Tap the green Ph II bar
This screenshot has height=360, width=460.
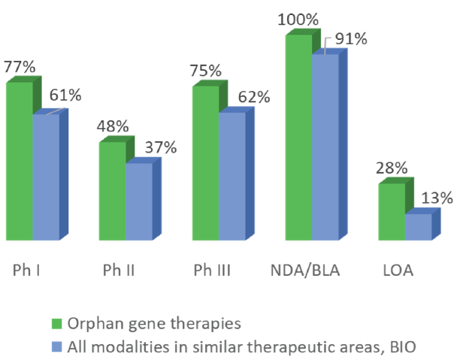pos(113,191)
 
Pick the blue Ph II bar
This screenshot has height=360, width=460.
pos(138,201)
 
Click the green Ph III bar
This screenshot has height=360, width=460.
pos(206,163)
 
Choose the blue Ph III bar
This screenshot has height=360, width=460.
pos(232,176)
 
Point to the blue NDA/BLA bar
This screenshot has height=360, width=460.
pos(325,147)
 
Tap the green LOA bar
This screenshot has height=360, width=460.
pos(392,212)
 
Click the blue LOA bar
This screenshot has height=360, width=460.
pos(418,227)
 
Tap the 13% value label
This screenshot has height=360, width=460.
pos(437,198)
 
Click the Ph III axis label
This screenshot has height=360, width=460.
pos(212,269)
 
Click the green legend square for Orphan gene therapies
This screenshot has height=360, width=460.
pos(55,324)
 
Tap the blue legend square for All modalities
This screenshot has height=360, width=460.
pos(55,347)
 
